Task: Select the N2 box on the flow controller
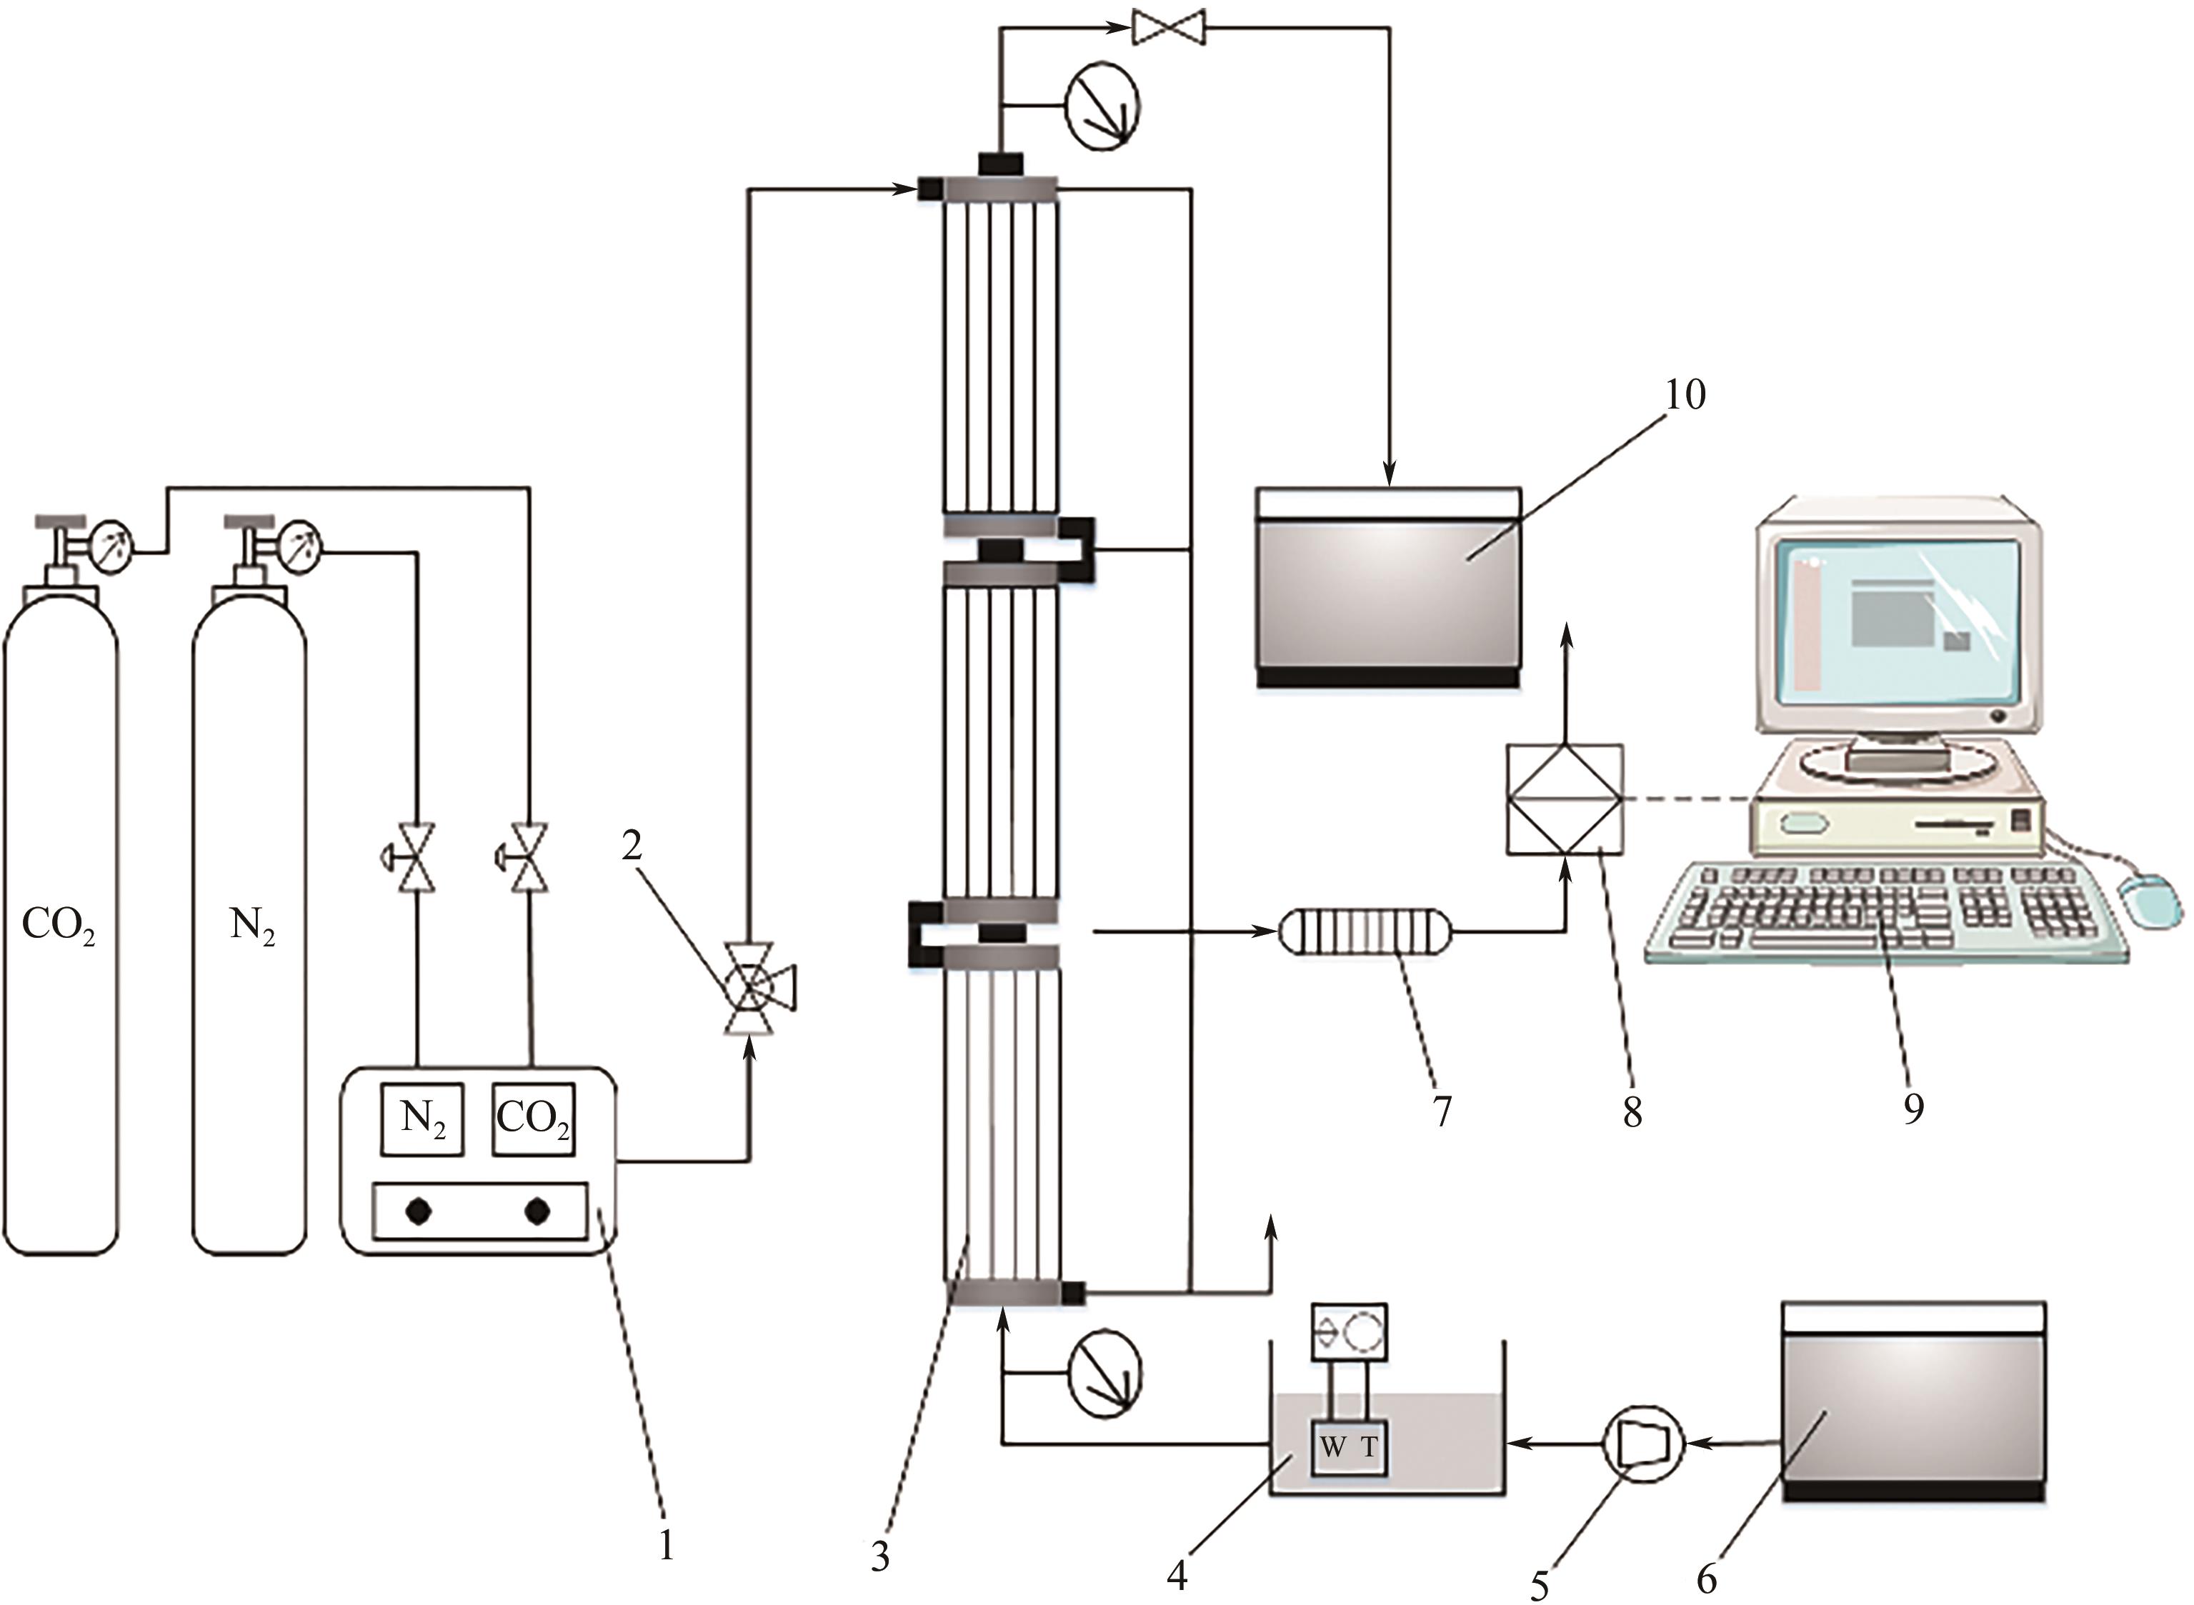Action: pos(422,1119)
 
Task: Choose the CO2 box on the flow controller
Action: pos(534,1119)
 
